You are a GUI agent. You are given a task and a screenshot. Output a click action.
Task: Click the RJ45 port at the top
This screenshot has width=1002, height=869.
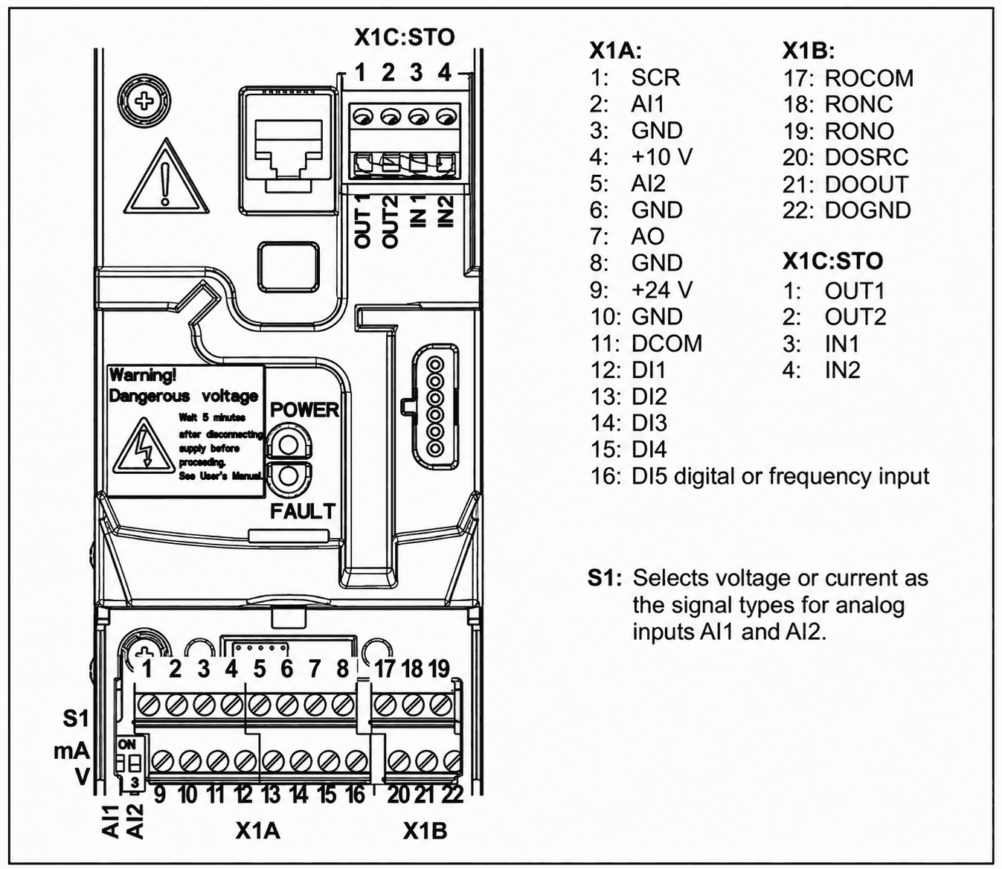coord(289,150)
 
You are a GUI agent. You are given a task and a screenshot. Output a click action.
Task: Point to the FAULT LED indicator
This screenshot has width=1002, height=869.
coord(289,477)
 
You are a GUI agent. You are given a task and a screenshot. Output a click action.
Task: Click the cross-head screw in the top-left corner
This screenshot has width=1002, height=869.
coord(144,101)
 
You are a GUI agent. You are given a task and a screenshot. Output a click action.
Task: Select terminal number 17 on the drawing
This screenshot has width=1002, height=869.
coord(385,668)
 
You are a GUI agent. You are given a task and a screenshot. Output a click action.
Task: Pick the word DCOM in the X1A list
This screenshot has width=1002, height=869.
coord(667,343)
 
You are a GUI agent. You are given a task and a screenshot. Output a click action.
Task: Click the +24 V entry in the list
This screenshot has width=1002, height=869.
coord(662,290)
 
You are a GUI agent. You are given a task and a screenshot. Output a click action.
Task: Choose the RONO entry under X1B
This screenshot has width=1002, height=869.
coord(859,131)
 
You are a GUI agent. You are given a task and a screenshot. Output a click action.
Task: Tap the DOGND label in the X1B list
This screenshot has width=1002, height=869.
coord(867,211)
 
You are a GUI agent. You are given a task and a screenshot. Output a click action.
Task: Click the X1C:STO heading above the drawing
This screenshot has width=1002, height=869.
coord(404,37)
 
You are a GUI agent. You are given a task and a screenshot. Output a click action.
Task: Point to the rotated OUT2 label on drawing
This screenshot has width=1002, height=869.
coord(390,222)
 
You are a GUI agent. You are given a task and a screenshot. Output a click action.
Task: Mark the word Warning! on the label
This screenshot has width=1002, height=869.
coord(143,375)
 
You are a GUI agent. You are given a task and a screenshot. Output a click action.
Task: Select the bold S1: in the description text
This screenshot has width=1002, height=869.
coord(604,578)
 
